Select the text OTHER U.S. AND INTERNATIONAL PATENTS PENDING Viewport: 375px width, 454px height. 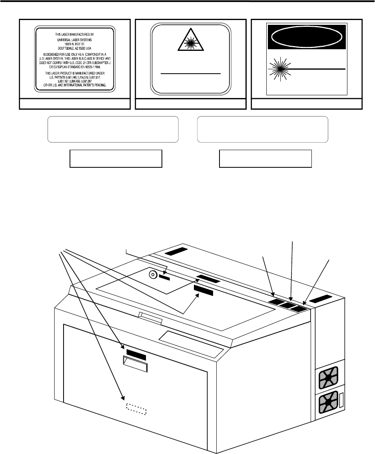click(75, 84)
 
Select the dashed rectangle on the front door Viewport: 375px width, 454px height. click(136, 409)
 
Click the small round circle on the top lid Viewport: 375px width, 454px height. click(152, 275)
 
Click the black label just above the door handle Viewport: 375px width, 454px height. click(136, 354)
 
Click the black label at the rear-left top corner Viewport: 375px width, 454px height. click(175, 252)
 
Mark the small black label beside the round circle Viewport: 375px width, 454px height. click(164, 277)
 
